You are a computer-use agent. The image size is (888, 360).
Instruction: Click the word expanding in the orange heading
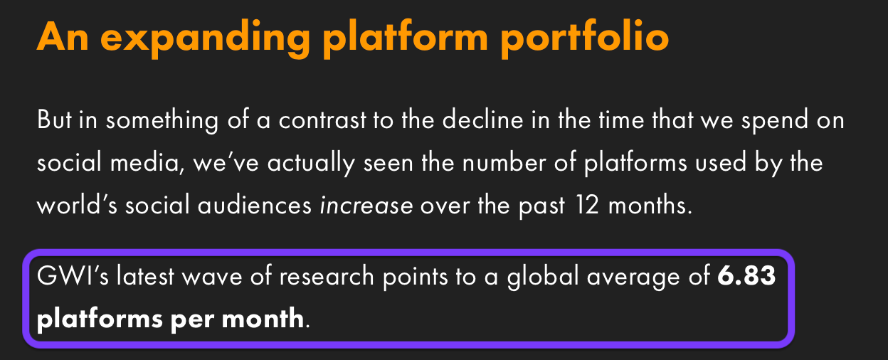(x=206, y=39)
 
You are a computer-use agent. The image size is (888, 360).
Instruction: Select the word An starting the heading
(x=63, y=36)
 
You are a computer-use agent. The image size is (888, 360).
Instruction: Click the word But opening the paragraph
(x=54, y=119)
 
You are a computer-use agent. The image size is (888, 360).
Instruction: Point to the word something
(x=162, y=120)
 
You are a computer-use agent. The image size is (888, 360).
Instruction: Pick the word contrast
(x=322, y=120)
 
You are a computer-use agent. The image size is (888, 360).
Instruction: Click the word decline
(x=482, y=119)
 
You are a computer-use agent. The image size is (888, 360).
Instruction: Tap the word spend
(x=775, y=120)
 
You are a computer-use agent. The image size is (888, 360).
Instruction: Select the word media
(x=147, y=162)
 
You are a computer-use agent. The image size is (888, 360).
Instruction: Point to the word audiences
(x=255, y=206)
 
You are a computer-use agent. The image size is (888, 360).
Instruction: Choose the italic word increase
(x=366, y=206)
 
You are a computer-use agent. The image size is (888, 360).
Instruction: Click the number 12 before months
(x=587, y=205)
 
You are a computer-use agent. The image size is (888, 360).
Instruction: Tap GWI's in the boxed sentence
(x=73, y=275)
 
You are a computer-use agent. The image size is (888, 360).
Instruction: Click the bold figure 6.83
(x=746, y=275)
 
